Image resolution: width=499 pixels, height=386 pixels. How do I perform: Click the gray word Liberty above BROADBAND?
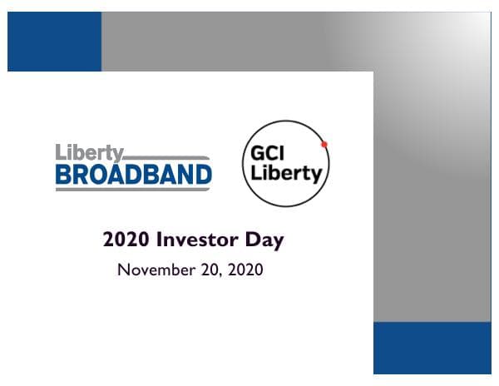(90, 153)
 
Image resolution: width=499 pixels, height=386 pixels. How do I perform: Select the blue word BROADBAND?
(134, 174)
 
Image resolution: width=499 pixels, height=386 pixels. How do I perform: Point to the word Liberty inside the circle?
(284, 176)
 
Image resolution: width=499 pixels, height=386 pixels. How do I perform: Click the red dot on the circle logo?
(324, 144)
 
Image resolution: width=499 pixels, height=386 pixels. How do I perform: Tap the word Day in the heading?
(264, 241)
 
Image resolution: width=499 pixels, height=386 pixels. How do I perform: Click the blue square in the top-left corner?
(54, 42)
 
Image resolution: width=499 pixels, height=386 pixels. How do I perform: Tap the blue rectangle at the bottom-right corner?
(432, 348)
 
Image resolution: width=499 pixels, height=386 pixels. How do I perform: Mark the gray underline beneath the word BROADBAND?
(134, 189)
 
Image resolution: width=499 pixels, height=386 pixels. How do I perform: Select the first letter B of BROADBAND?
(63, 174)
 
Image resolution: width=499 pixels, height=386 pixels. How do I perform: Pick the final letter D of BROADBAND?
(203, 174)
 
